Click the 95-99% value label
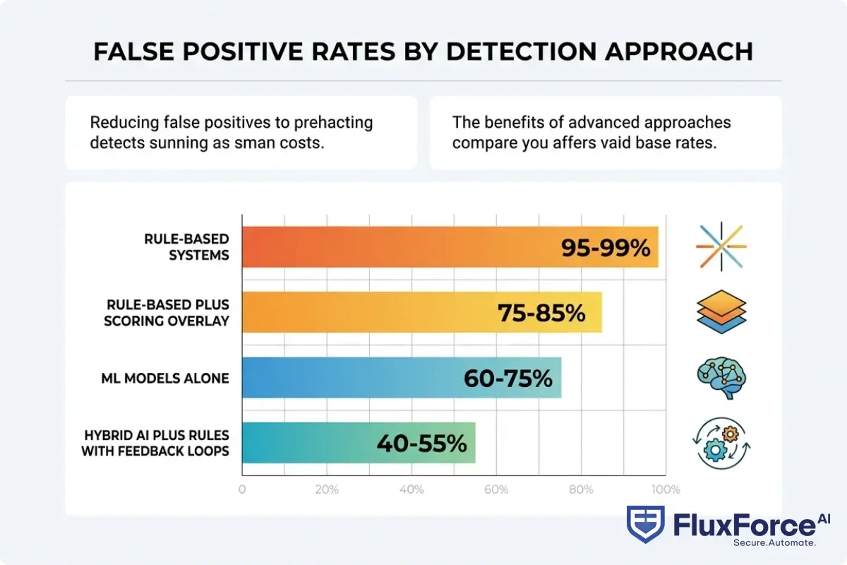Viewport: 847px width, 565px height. [x=606, y=247]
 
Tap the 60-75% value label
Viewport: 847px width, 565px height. [x=507, y=378]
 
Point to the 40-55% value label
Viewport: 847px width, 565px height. [x=421, y=443]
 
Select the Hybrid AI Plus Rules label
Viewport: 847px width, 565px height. [x=155, y=443]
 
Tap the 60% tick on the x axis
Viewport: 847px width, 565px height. [x=496, y=489]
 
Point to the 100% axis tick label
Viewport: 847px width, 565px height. [x=666, y=489]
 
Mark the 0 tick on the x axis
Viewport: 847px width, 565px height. [x=242, y=489]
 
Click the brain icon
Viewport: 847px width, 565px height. [x=721, y=378]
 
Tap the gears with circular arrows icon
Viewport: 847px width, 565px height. [x=721, y=444]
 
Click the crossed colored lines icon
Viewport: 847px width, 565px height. [x=721, y=247]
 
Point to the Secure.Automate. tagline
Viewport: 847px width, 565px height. [x=774, y=542]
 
